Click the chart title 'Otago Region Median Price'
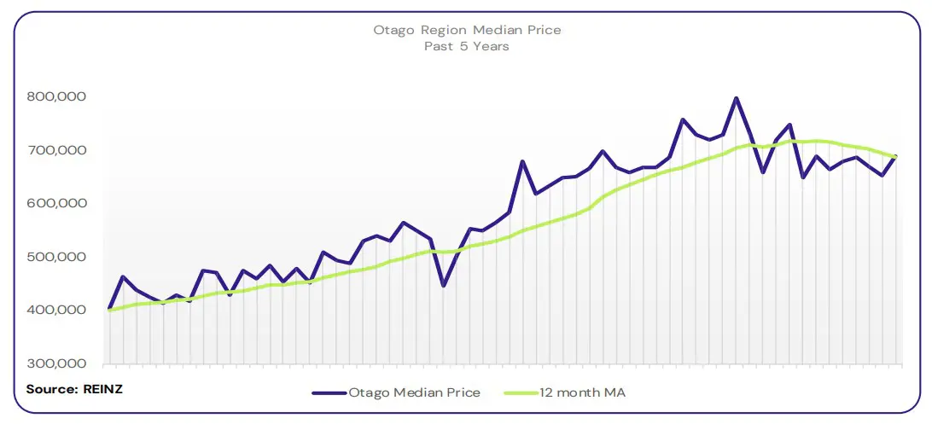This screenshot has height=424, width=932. (x=467, y=30)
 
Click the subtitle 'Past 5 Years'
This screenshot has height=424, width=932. (x=467, y=46)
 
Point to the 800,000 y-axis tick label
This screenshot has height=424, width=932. (x=55, y=97)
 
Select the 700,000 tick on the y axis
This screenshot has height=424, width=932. (x=55, y=151)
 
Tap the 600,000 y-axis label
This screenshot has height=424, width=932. (x=55, y=204)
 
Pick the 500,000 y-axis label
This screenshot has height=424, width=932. (x=55, y=258)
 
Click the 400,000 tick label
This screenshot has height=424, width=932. (x=55, y=311)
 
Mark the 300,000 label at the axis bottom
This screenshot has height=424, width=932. (x=55, y=364)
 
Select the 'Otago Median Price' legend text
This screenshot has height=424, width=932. (x=414, y=392)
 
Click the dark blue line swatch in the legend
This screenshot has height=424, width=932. (x=329, y=393)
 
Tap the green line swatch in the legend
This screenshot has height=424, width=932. (x=521, y=393)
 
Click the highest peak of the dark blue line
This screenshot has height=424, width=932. (x=736, y=98)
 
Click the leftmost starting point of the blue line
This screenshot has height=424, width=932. (x=109, y=309)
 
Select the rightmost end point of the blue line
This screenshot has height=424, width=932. (x=895, y=156)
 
